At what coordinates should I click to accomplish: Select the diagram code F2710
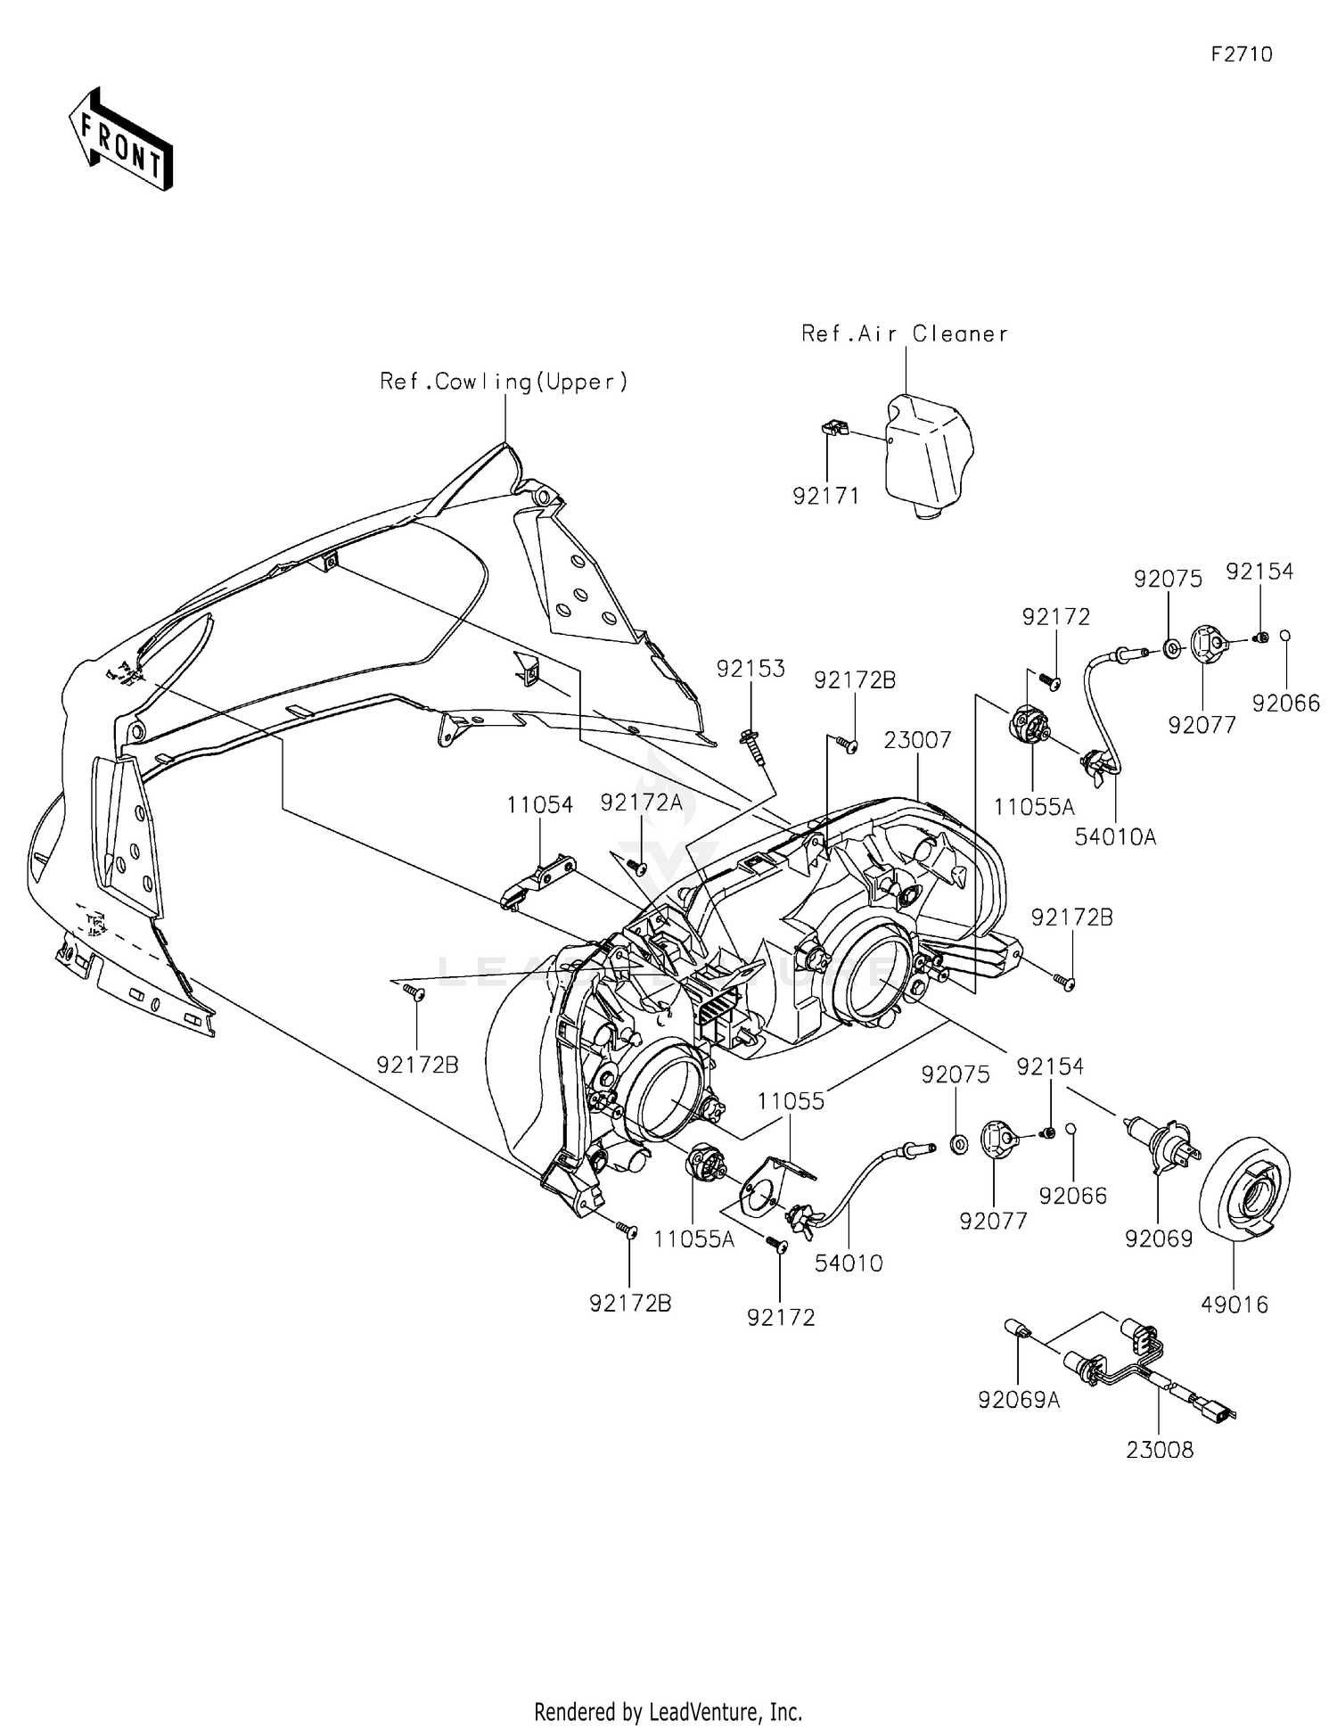point(1242,54)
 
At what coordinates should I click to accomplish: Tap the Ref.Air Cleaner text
point(905,333)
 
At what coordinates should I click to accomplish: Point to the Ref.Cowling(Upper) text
point(504,382)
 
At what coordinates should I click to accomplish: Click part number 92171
point(826,496)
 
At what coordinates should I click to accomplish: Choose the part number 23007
point(918,739)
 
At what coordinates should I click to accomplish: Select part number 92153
point(752,669)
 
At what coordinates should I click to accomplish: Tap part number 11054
point(540,805)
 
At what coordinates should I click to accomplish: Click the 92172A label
point(641,802)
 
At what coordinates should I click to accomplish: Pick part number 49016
point(1234,1304)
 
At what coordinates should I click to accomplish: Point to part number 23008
point(1160,1450)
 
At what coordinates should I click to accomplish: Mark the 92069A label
point(1019,1400)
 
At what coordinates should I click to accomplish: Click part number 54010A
point(1115,836)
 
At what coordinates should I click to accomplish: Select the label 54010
point(849,1263)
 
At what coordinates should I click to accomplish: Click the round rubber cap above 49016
point(1245,1187)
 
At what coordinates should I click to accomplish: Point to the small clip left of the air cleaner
point(833,429)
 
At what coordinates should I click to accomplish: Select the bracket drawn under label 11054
point(539,882)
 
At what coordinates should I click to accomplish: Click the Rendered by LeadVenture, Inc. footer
point(668,1711)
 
